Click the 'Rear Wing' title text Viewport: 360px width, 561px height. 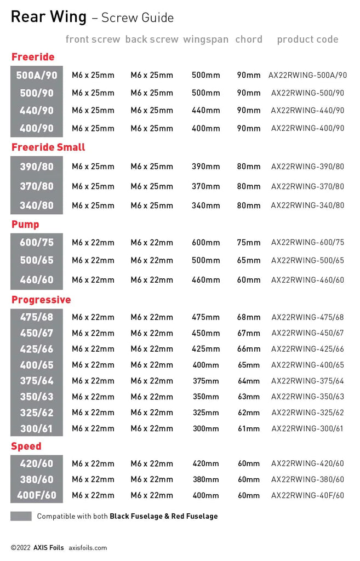pos(49,17)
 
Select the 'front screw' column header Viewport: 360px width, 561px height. pos(93,39)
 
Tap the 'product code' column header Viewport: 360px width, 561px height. pos(307,39)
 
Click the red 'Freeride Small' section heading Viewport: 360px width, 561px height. pos(48,147)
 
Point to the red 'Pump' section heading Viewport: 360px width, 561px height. pos(25,225)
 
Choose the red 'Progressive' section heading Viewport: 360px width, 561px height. pos(41,300)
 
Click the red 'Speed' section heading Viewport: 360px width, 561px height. pos(26,446)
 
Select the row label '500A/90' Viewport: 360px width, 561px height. pos(37,76)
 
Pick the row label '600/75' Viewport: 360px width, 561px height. pos(37,243)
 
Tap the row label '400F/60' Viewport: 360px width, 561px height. pos(37,496)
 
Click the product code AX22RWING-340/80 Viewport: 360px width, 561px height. pos(307,206)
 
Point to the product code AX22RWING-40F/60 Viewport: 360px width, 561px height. pos(307,496)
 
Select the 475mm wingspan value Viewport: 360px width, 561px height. pos(206,317)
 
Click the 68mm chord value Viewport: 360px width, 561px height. pos(249,317)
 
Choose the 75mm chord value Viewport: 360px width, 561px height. pos(249,243)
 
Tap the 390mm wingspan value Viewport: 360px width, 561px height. pos(206,167)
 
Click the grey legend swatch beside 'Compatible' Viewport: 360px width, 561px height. pos(21,516)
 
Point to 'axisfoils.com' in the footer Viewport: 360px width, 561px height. pos(88,547)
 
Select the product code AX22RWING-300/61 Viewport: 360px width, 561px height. pos(307,428)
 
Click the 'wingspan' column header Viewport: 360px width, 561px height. pos(207,39)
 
